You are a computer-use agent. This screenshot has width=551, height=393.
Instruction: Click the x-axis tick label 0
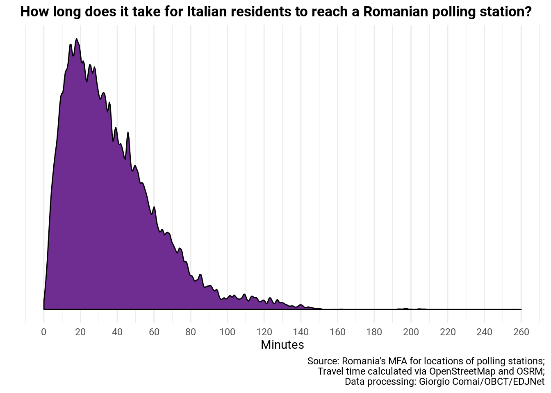coord(44,332)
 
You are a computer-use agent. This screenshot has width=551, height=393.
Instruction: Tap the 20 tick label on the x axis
coord(80,332)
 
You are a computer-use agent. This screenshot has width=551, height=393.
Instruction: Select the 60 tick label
coord(154,332)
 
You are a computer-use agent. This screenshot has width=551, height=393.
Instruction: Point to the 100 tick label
coord(228,332)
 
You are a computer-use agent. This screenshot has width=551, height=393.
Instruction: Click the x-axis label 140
coord(301,332)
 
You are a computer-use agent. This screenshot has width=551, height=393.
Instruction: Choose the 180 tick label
coord(374,332)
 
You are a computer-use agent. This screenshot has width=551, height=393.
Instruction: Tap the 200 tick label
coord(411,332)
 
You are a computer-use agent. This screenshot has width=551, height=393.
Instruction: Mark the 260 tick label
coord(521,332)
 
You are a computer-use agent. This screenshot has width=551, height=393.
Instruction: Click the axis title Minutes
coord(282,345)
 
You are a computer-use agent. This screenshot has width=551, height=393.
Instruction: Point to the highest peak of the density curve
coord(77,39)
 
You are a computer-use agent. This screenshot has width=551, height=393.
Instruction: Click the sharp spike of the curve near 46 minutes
coord(128,133)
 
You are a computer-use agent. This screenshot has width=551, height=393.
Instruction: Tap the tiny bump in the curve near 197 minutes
coord(405,308)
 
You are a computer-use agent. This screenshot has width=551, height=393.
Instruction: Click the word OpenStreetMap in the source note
coord(462,371)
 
